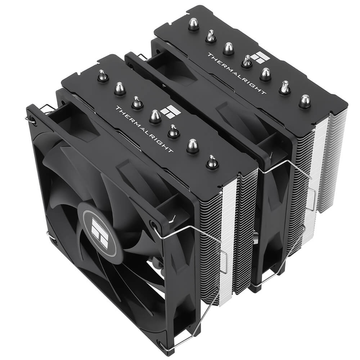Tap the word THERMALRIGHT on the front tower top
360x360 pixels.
pos(144,129)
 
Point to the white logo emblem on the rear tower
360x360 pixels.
pos(257,58)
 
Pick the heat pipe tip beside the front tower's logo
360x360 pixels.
pos(155,116)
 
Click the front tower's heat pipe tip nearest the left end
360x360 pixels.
pos(103,76)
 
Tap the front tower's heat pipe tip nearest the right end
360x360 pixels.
pos(212,162)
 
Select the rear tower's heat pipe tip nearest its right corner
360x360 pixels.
pos(305,101)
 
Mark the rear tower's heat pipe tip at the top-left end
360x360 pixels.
pos(193,24)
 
